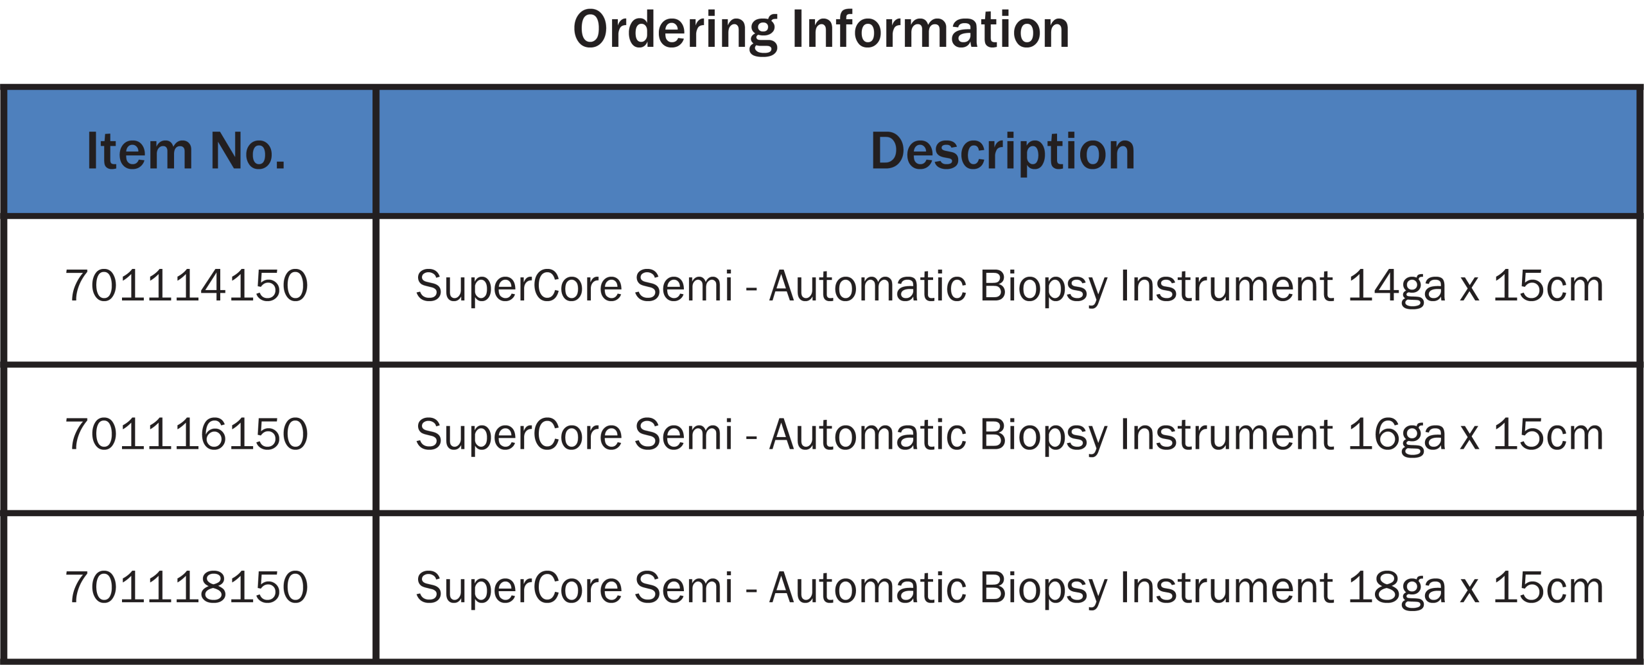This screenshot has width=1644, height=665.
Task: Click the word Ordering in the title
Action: click(675, 31)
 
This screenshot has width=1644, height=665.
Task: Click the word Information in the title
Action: click(931, 29)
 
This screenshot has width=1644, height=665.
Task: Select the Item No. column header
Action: click(186, 151)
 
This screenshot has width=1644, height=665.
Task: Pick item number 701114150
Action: click(187, 286)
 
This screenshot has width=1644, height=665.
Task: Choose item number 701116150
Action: click(187, 435)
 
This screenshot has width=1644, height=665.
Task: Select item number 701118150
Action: click(187, 587)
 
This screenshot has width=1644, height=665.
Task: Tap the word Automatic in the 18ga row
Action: click(868, 587)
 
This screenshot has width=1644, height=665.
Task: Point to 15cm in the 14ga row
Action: click(1548, 286)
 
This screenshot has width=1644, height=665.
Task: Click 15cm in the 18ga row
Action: click(1548, 587)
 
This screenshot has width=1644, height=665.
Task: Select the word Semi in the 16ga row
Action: click(683, 434)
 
